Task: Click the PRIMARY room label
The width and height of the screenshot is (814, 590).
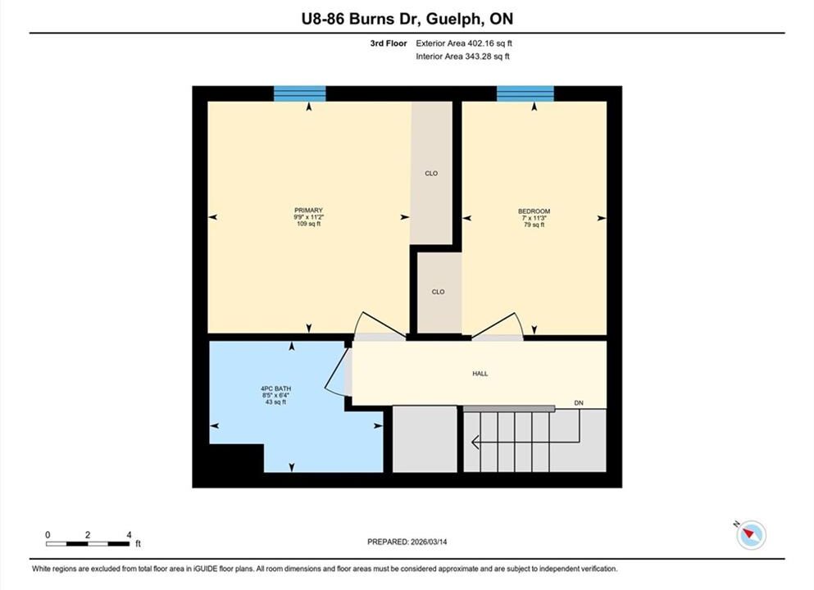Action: tap(308, 210)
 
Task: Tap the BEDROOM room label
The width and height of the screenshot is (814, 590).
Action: tap(534, 211)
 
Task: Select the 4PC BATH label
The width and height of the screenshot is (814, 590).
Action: tap(275, 388)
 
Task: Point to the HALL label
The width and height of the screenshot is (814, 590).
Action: tap(480, 374)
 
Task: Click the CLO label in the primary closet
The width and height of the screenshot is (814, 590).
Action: tap(431, 174)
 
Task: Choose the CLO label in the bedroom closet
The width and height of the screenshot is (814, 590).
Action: tap(438, 292)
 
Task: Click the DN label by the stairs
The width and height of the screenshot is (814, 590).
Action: tap(579, 402)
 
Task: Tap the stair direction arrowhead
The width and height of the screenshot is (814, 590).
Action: tap(475, 442)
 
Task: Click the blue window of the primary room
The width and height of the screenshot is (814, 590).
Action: tap(299, 93)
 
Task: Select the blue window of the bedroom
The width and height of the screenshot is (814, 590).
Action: tap(525, 93)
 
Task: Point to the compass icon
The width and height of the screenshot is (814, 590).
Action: tap(751, 534)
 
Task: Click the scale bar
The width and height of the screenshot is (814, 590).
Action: tap(88, 544)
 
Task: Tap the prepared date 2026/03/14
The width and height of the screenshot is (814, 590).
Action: tap(428, 542)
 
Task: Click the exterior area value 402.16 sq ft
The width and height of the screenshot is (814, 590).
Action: tap(489, 43)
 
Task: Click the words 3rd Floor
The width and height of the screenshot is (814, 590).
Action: tap(389, 43)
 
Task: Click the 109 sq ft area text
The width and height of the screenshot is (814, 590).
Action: tap(308, 224)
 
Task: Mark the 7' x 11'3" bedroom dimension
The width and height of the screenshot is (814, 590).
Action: tap(534, 218)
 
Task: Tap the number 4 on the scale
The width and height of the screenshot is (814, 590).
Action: tap(129, 534)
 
